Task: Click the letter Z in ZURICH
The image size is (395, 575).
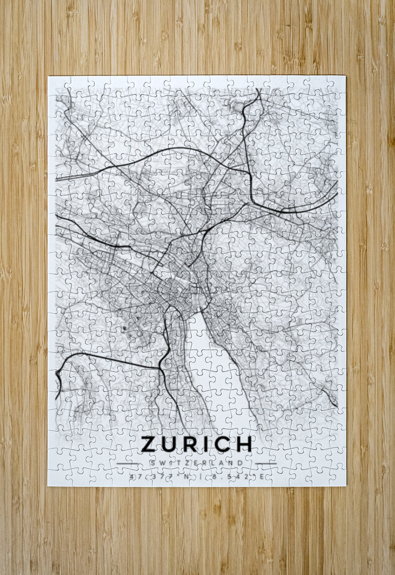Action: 149,444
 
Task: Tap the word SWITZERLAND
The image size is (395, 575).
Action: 197,463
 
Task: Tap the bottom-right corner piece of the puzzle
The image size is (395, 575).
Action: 336,477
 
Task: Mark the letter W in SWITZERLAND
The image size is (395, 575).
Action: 161,463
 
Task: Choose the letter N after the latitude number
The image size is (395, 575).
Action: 183,477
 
